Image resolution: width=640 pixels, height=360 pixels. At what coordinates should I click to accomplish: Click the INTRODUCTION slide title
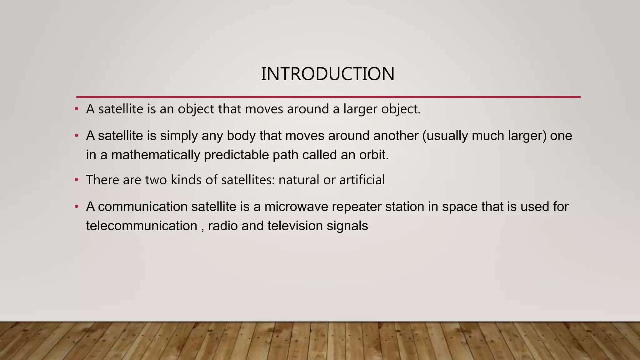click(x=327, y=74)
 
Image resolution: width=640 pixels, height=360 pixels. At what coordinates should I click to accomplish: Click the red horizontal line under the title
click(x=328, y=97)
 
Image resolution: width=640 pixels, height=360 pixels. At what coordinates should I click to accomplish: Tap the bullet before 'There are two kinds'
click(x=77, y=180)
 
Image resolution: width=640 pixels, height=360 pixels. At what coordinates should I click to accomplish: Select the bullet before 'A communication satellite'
click(x=77, y=207)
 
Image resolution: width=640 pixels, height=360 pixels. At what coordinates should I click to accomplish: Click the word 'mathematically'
click(x=156, y=155)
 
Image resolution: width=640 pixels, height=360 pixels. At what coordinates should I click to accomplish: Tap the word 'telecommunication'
click(x=142, y=226)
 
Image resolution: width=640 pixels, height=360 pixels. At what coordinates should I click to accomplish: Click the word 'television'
click(x=295, y=226)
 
